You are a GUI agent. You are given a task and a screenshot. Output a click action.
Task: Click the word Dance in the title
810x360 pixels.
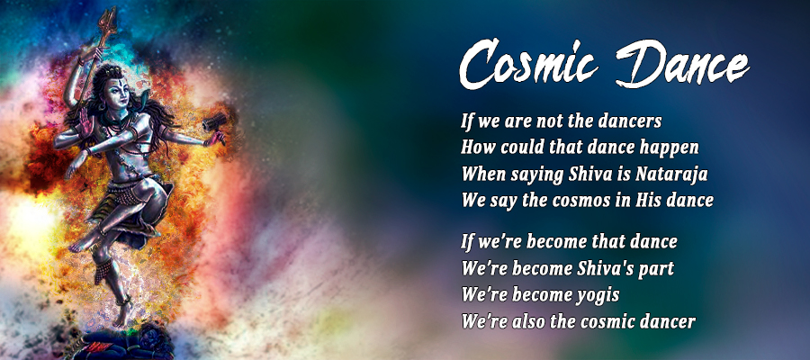point(682,64)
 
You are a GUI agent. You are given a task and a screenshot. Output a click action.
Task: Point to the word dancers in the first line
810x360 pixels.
point(630,121)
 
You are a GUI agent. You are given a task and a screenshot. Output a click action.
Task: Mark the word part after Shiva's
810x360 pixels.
point(655,270)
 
